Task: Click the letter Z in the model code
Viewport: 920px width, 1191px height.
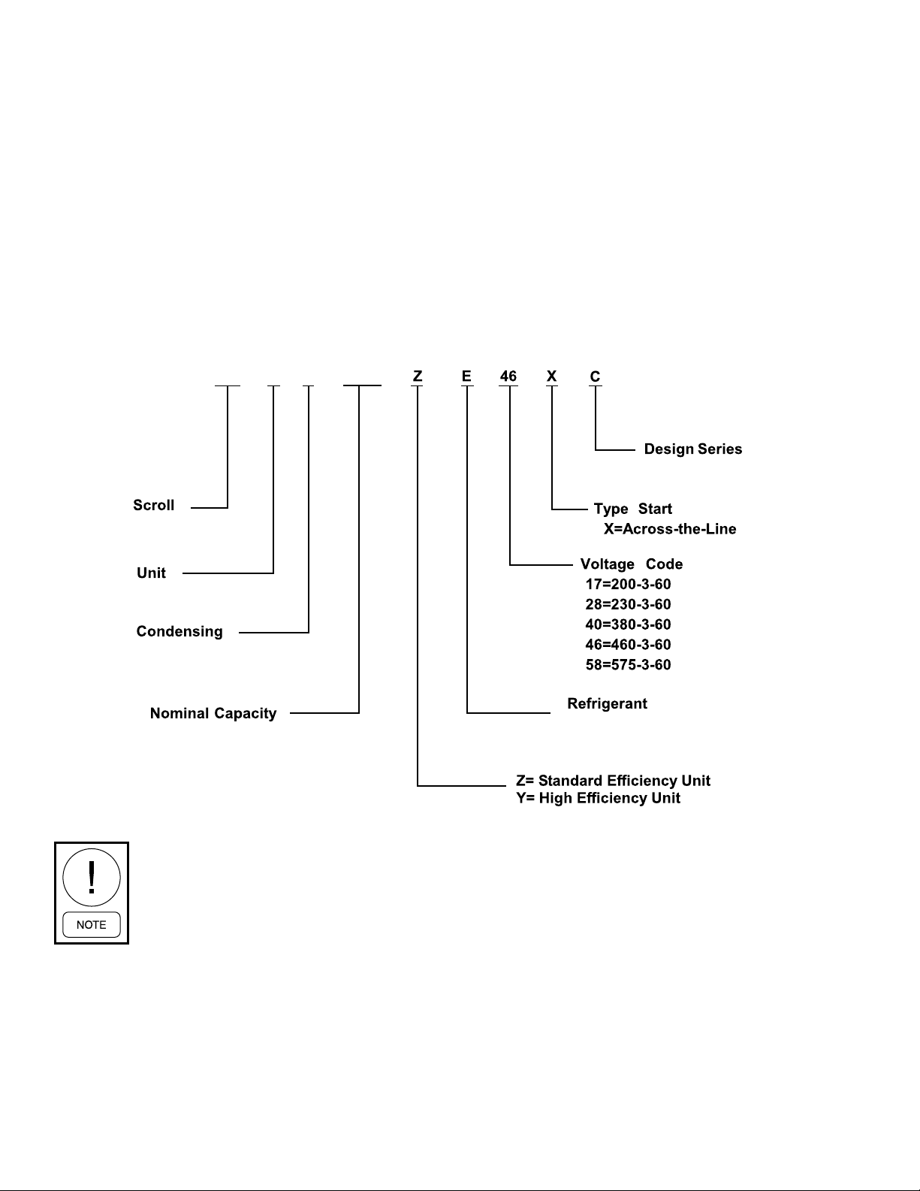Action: (418, 376)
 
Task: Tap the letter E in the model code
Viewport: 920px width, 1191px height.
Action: (466, 376)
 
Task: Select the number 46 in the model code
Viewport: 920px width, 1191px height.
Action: (508, 376)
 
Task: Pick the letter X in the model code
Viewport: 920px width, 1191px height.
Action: (551, 376)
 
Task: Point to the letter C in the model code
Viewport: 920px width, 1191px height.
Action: (596, 376)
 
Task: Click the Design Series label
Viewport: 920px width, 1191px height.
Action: (692, 449)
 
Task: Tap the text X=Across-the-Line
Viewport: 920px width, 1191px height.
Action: (670, 529)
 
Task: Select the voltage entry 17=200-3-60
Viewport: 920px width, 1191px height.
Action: (628, 585)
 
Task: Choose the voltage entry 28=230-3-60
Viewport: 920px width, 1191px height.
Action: (628, 604)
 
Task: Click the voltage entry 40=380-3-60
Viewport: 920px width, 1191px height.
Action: (628, 624)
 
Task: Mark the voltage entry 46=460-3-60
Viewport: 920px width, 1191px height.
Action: (628, 645)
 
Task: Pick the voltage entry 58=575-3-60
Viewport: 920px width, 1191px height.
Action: (628, 665)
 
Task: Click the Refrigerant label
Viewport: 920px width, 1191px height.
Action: (607, 704)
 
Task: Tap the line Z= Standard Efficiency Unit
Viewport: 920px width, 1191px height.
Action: (613, 781)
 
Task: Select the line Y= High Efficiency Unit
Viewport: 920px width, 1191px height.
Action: (598, 798)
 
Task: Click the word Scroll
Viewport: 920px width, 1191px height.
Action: (153, 505)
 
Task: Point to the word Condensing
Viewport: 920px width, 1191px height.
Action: (179, 631)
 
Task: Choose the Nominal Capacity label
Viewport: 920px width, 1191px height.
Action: (213, 713)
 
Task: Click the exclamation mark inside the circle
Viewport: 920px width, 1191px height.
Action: (92, 878)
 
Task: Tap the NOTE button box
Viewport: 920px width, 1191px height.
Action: (92, 925)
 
